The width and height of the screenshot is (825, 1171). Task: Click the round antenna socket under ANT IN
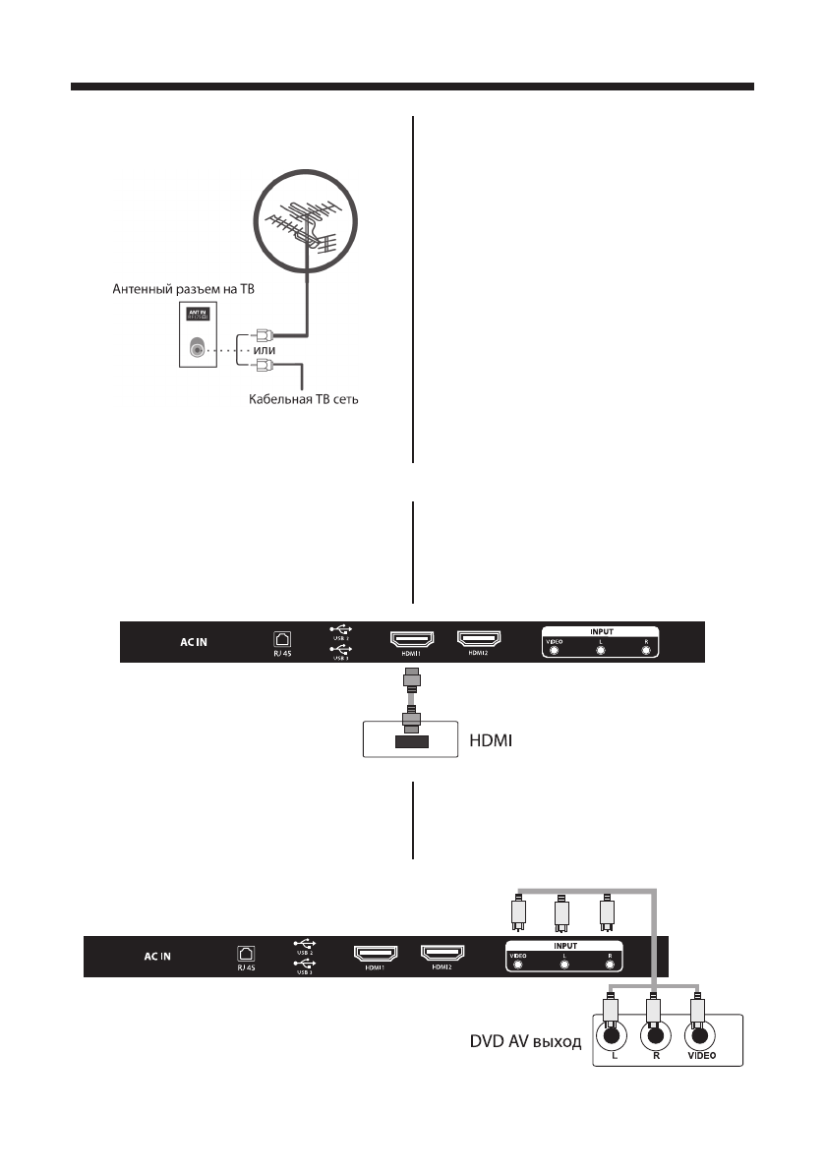coord(200,348)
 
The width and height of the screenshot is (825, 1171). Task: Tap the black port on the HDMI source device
coord(411,741)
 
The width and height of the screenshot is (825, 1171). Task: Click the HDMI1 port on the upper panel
coord(416,641)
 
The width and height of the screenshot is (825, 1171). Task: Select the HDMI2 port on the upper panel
coord(479,640)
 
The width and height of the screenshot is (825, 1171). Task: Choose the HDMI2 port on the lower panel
coord(443,954)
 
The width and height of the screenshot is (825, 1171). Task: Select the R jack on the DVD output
coord(655,1034)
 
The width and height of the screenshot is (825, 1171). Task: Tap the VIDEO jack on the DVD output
coord(699,1034)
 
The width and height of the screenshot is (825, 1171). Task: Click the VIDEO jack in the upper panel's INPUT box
coord(556,650)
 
